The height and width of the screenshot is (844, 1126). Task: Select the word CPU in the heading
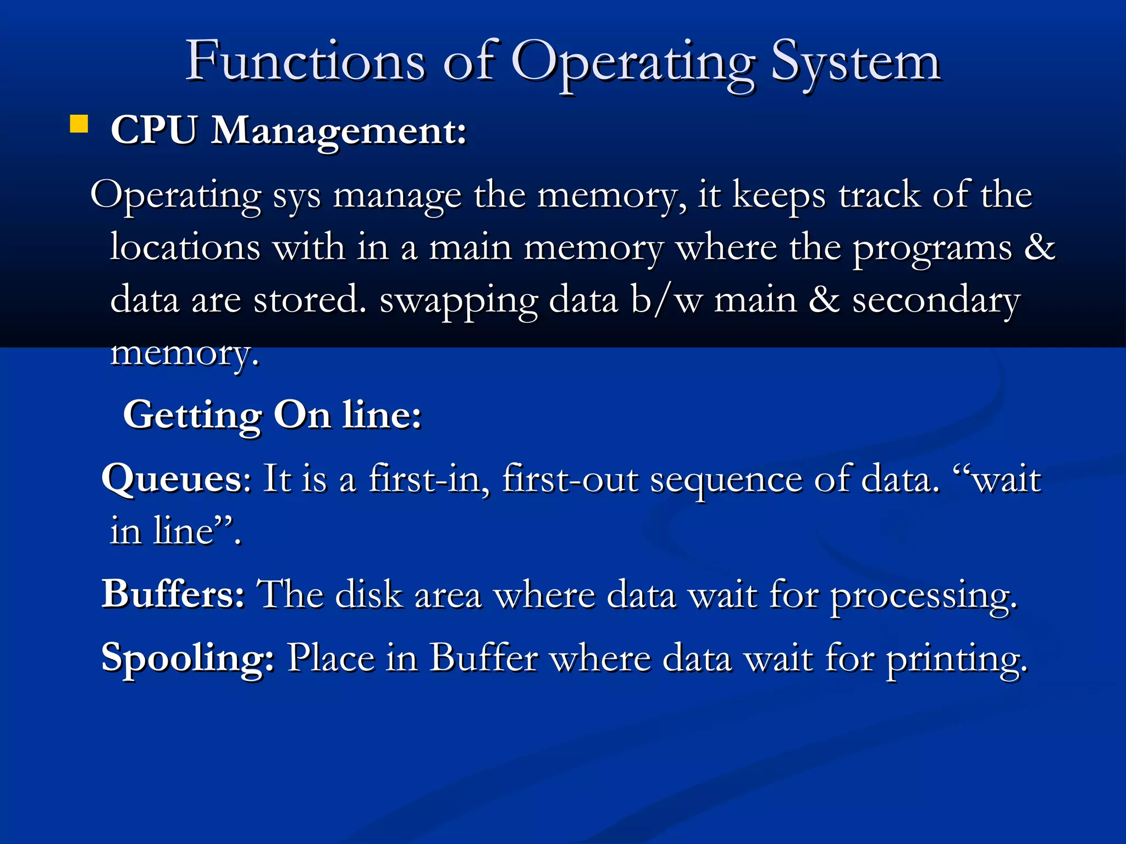coord(153,131)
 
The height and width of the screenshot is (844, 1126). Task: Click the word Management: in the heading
coord(339,132)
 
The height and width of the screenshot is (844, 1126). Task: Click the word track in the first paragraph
coord(879,195)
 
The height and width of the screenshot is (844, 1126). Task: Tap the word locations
coord(185,247)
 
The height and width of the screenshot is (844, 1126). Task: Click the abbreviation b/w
coord(666,301)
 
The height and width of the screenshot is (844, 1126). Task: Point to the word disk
coord(369,595)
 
